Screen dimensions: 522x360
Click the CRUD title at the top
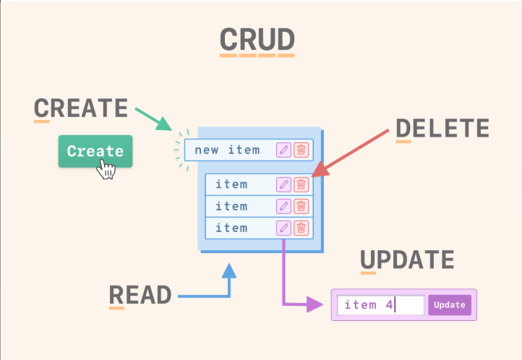[x=257, y=39]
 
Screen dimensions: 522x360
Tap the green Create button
[x=95, y=151]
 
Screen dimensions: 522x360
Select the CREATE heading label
[x=81, y=108]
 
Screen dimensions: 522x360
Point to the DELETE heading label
[x=442, y=128]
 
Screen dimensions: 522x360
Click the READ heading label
[x=140, y=295]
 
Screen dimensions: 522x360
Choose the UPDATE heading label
[x=407, y=260]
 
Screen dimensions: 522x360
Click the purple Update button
[x=450, y=305]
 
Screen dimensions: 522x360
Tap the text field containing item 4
[x=380, y=305]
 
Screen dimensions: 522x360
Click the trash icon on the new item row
[x=301, y=150]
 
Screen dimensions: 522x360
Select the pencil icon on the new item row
[x=283, y=150]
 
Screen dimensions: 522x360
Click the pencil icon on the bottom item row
[x=283, y=228]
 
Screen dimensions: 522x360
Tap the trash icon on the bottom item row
[x=301, y=228]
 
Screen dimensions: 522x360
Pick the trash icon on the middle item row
[x=301, y=206]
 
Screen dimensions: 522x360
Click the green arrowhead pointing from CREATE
[x=164, y=124]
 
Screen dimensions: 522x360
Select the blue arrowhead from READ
[x=229, y=271]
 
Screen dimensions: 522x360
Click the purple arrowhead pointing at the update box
[x=315, y=304]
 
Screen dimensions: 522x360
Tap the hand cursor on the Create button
[x=106, y=169]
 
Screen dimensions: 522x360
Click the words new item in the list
[x=227, y=150]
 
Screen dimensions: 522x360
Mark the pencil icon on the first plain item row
[x=283, y=184]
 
